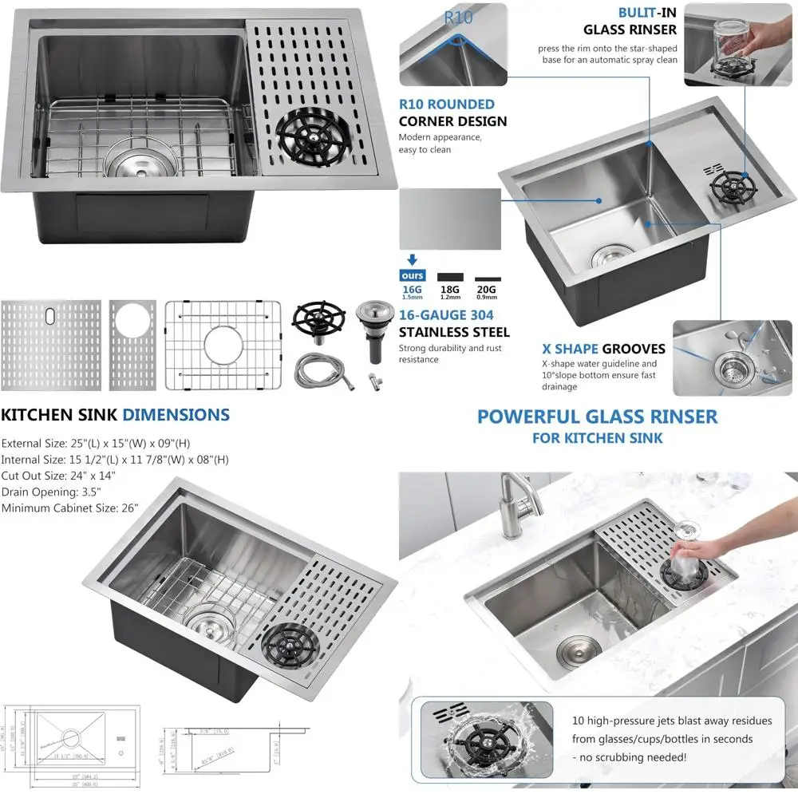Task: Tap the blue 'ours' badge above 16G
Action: click(413, 275)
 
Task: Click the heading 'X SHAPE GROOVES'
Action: click(603, 349)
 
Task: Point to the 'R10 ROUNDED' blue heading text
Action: click(446, 104)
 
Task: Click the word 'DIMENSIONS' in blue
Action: click(176, 415)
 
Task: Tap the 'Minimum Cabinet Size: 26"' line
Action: click(70, 508)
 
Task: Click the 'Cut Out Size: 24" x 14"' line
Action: click(58, 476)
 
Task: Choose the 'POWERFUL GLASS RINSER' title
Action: click(597, 417)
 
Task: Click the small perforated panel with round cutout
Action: click(132, 345)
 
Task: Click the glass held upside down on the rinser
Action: click(685, 545)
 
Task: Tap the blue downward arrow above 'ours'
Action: click(413, 259)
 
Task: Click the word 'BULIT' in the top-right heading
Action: click(637, 13)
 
